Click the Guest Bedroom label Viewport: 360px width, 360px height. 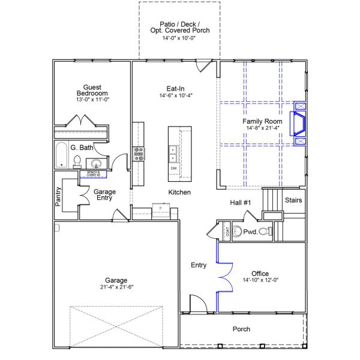coord(92,89)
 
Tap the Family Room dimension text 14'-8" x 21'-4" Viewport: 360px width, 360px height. coord(262,127)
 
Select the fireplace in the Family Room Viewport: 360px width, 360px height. coord(298,124)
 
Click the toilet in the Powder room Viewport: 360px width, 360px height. coord(265,231)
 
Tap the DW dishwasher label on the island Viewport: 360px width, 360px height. coord(174,168)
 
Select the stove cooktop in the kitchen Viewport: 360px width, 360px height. coord(139,154)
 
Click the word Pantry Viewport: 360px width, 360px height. coord(58,197)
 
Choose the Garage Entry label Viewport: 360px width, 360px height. coord(104,196)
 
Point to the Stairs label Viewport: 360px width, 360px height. coord(293,200)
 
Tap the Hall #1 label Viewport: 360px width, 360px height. coord(241,203)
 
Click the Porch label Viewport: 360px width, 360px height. coord(241,329)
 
